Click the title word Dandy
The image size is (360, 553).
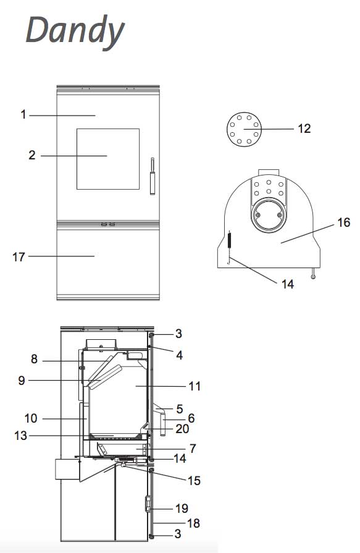point(75,31)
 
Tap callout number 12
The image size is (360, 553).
point(304,129)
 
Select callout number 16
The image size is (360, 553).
point(343,222)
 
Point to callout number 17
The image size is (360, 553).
point(19,257)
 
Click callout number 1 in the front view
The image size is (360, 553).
point(23,115)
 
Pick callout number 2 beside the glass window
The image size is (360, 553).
point(32,155)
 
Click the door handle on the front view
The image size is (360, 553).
point(153,175)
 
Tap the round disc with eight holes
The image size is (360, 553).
point(244,129)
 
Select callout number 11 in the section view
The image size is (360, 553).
point(195,386)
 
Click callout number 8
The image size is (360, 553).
point(34,359)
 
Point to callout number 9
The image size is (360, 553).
point(22,381)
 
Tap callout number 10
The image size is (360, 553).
point(31,418)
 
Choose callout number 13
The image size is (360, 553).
point(20,436)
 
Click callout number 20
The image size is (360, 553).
point(182,429)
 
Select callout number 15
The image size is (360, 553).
point(194,480)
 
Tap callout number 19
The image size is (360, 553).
point(182,509)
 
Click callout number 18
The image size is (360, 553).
point(193,523)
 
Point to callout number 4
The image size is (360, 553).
point(180,355)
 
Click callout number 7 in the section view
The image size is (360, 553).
point(193,449)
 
